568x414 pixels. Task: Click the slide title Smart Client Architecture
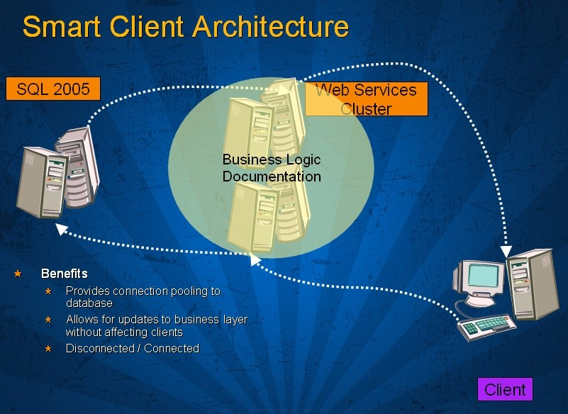point(186,27)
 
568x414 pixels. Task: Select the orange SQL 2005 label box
point(53,89)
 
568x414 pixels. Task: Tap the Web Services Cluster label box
point(366,99)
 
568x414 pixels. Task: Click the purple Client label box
point(505,389)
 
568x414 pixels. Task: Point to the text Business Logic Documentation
point(272,168)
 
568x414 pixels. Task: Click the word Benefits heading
point(65,274)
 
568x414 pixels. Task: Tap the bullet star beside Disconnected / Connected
point(48,349)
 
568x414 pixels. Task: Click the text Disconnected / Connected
point(133,349)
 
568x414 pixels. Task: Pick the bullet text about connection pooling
point(143,297)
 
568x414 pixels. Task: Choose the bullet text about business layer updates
point(156,325)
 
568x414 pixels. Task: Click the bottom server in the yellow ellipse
point(268,213)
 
